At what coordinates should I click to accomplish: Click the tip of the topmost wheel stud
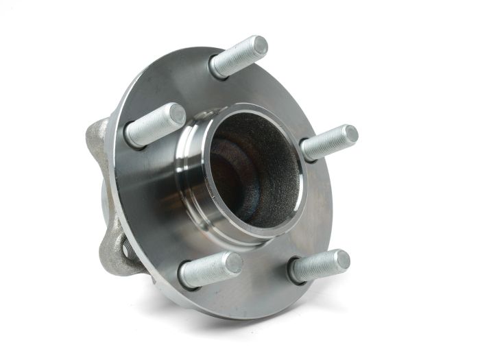[260, 46]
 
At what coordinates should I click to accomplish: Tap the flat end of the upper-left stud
[177, 114]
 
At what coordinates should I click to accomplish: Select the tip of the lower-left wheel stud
[233, 263]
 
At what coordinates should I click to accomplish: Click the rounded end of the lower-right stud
[341, 260]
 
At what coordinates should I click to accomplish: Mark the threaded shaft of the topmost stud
[236, 59]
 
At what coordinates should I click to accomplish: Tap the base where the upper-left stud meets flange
[132, 136]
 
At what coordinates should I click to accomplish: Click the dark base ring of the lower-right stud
[295, 271]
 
